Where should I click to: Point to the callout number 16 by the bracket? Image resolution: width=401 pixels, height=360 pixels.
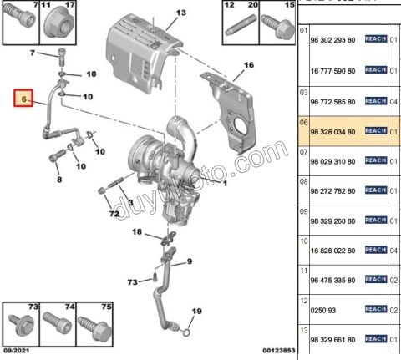(247, 64)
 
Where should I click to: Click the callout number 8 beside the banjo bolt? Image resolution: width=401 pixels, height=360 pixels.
(58, 179)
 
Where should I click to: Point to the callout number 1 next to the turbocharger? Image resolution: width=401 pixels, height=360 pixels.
(224, 180)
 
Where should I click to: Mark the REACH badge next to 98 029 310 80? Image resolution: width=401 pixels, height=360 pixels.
(375, 165)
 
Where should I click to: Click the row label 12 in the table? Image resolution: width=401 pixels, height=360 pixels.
(303, 300)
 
